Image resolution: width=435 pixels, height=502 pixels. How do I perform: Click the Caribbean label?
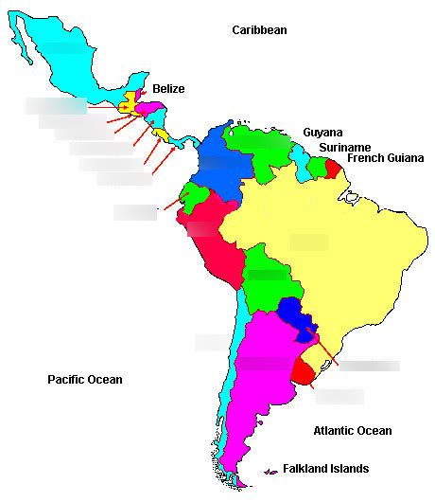[259, 30]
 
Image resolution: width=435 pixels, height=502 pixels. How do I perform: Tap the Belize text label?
[168, 89]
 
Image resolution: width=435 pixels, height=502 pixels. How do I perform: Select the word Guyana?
[322, 133]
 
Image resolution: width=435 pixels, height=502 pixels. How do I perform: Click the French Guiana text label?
[383, 158]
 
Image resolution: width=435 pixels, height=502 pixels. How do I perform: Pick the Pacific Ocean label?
[85, 380]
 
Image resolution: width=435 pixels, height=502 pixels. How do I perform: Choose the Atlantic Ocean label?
[352, 431]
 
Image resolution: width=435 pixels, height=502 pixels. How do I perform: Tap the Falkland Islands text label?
[325, 469]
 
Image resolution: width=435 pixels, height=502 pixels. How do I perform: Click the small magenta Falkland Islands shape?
[271, 470]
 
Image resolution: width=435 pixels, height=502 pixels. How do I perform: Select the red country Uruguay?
[304, 370]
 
